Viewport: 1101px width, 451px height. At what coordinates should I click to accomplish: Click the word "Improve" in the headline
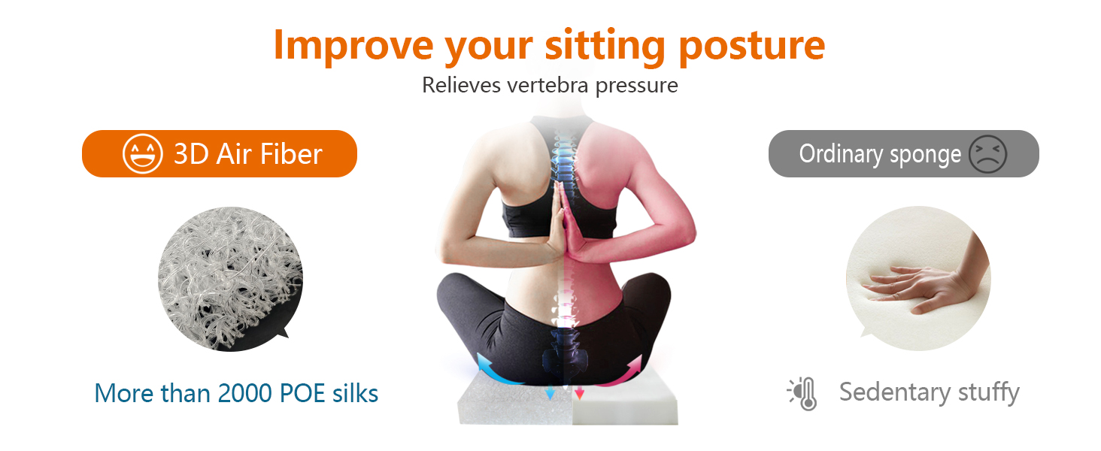coord(353,45)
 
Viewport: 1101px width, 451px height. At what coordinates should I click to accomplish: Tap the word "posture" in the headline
coord(751,47)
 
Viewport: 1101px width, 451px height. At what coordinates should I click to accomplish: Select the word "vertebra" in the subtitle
coord(547,85)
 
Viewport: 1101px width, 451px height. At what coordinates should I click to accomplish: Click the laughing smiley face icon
coord(143,154)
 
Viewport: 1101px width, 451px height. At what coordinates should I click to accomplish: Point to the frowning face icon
coord(987,154)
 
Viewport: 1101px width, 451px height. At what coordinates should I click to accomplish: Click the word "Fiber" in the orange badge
coord(291,154)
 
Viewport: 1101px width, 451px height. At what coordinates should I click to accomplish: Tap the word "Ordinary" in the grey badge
coord(841,154)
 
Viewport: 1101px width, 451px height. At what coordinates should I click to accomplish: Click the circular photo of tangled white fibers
coord(230,279)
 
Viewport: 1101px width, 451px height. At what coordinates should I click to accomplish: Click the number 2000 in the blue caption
coord(244,394)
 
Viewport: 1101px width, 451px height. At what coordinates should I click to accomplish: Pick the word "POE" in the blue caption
coord(302,394)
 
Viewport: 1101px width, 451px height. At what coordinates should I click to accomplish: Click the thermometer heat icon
coord(803,394)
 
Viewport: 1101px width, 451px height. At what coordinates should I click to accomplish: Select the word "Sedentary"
coord(895,392)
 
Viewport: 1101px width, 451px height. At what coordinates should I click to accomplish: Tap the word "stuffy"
coord(989,394)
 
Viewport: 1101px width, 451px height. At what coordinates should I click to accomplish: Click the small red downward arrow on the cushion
coord(580,393)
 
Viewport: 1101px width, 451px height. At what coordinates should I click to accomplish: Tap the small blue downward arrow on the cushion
coord(550,393)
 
